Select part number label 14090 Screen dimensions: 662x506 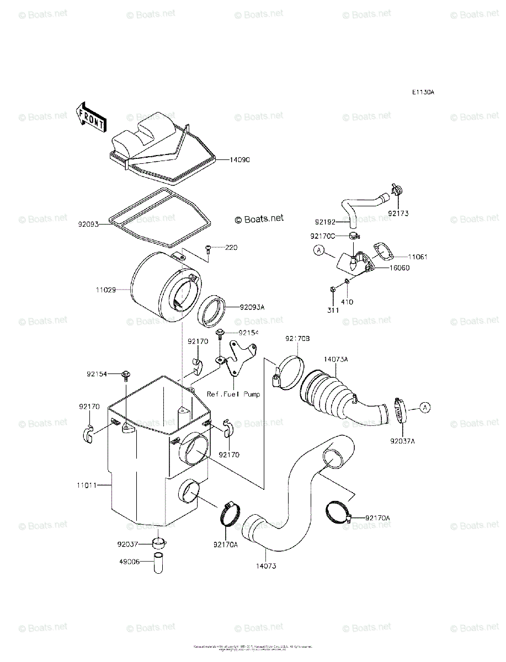(240, 160)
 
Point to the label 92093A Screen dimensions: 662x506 (252, 307)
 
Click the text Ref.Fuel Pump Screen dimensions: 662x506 (233, 394)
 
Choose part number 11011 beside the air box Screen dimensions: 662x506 (87, 485)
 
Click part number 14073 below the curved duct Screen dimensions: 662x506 (266, 566)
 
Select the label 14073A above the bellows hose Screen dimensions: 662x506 (335, 359)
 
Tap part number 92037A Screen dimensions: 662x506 (402, 441)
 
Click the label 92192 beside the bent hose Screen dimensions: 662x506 (326, 222)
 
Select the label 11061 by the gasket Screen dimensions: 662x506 (418, 257)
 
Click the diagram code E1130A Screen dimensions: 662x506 (422, 93)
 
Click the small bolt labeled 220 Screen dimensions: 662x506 (209, 250)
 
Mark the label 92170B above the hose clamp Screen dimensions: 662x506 (297, 338)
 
